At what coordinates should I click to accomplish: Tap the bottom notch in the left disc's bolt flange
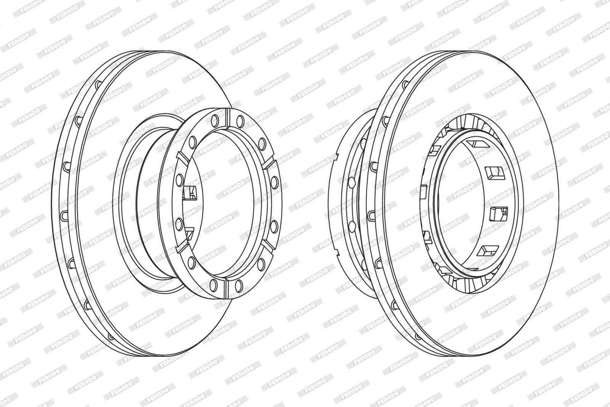pos(226,289)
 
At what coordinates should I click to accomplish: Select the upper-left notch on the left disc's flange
pos(182,158)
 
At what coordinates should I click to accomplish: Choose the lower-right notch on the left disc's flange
pos(269,246)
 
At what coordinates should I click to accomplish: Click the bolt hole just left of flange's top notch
pos(215,120)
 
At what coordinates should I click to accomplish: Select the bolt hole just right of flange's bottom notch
pos(239,285)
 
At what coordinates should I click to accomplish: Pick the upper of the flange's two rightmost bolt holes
pos(275,182)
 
